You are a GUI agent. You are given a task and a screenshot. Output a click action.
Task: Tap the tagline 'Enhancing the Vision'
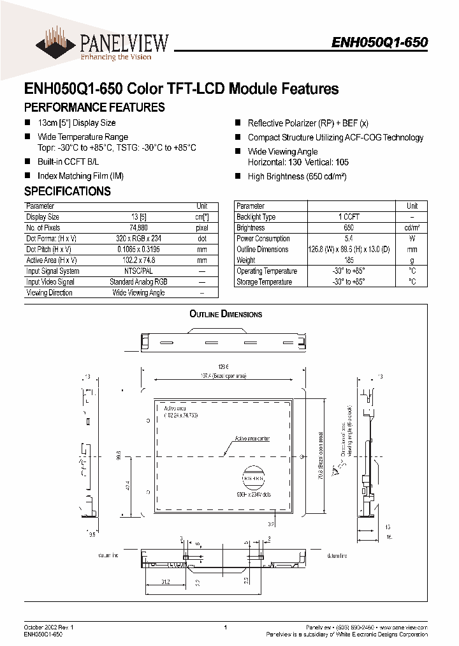pos(115,57)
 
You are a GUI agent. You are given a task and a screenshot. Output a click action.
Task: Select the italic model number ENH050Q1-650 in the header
pos(379,42)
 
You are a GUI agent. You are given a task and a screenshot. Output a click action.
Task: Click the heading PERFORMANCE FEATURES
pos(94,107)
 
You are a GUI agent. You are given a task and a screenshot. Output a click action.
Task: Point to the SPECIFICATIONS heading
pos(68,191)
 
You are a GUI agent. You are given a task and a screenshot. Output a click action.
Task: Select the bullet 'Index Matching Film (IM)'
pos(80,175)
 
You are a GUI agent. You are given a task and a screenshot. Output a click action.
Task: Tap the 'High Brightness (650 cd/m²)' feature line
pos(297,177)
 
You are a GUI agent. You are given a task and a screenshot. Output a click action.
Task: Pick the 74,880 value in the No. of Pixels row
pos(135,228)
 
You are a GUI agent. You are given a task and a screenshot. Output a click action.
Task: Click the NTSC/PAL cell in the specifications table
pos(135,271)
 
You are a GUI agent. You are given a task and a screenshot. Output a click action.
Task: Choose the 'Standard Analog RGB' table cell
pos(138,282)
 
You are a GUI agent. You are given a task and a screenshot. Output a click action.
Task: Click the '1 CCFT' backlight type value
pos(349,217)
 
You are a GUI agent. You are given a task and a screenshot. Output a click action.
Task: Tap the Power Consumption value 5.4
pos(349,239)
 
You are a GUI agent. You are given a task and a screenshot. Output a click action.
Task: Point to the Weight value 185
pos(349,260)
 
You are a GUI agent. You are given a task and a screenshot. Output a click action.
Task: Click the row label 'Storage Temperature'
pos(264,282)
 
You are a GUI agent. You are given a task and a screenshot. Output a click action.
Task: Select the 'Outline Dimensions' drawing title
pos(226,314)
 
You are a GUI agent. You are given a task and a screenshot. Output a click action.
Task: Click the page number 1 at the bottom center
pos(226,628)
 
